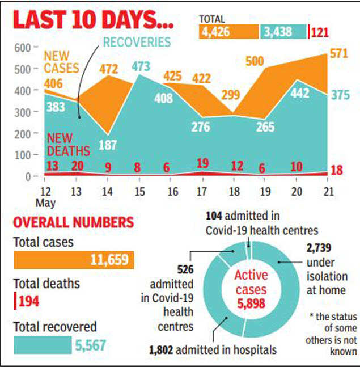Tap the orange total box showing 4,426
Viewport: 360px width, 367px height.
(x=228, y=32)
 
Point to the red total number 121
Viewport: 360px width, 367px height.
(x=321, y=32)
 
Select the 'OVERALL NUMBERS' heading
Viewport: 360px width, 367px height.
(x=74, y=222)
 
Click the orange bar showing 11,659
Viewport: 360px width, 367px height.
(x=74, y=260)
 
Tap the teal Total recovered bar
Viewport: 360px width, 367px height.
(x=43, y=345)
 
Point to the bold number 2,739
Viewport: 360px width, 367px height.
(x=319, y=248)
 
